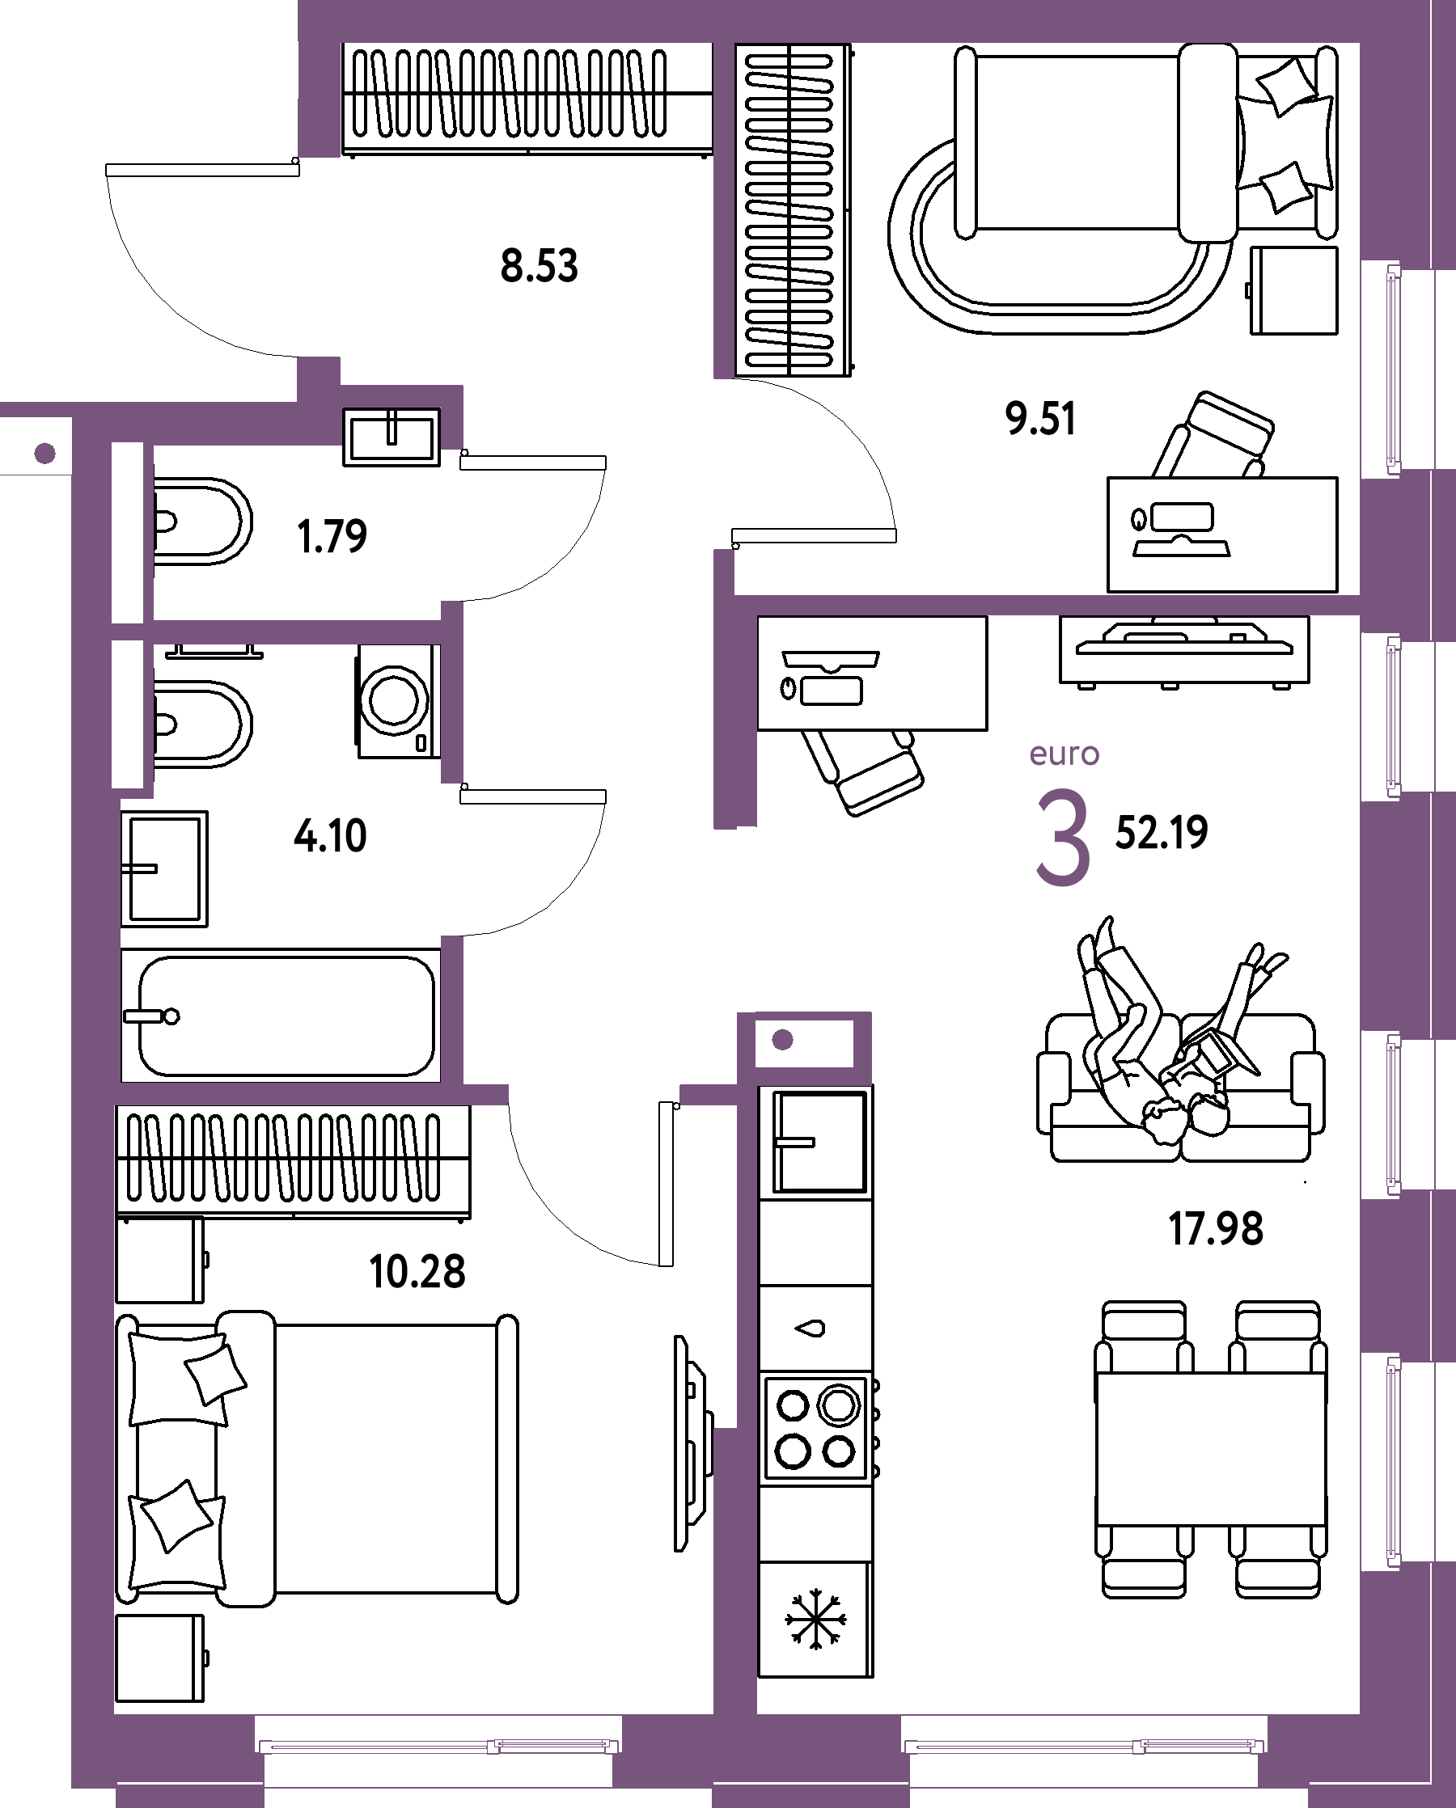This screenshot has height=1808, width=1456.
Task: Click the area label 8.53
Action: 540,266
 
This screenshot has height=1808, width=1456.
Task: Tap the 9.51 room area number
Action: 1040,419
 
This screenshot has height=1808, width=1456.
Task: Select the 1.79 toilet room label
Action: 332,537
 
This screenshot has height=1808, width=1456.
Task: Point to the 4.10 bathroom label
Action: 331,836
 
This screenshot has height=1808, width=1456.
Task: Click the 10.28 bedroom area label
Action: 417,1271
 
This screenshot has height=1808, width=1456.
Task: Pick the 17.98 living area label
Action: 1216,1229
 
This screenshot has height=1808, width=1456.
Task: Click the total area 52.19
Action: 1162,833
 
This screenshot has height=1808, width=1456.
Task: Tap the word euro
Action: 1064,754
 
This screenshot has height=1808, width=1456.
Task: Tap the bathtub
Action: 281,1016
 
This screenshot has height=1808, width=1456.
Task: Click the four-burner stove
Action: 817,1428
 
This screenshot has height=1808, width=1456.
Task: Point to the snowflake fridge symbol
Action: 815,1619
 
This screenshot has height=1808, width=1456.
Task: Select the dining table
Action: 1211,1448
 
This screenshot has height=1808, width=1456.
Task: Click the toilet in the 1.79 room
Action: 202,521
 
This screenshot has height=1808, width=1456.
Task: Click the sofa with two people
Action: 1181,1087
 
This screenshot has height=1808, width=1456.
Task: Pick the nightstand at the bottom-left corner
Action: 160,1658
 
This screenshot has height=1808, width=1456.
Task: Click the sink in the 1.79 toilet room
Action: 392,437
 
